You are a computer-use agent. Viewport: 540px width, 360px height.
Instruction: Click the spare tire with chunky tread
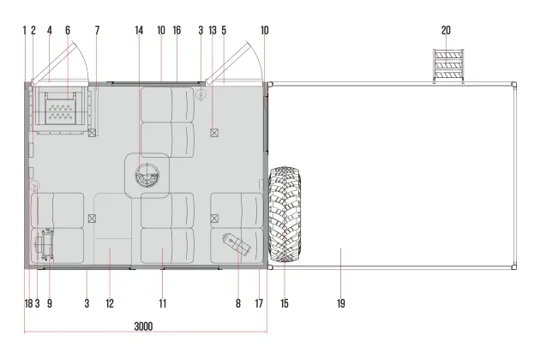pos(285,214)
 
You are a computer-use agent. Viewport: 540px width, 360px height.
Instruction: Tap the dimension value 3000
pos(143,327)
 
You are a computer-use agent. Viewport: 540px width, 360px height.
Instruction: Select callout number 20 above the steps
pos(446,30)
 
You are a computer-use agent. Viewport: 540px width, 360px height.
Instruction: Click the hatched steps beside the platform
pos(448,66)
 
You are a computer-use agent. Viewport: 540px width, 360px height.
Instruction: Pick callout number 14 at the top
pos(139,30)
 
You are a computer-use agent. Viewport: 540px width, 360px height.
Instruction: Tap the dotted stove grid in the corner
pos(60,112)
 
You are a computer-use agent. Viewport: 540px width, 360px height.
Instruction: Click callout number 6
pos(68,30)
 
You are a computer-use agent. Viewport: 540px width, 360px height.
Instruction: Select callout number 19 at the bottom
pos(341,303)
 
